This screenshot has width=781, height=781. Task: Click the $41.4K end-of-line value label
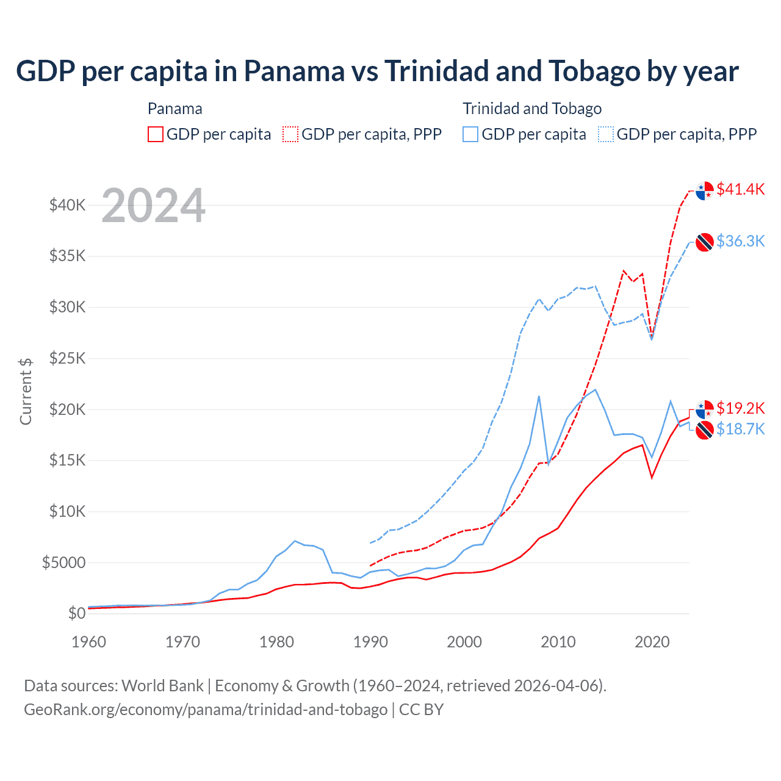click(740, 189)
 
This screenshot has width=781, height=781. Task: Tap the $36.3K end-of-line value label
click(740, 241)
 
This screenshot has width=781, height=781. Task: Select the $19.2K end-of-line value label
click(740, 408)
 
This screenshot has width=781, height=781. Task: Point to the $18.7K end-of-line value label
click(740, 430)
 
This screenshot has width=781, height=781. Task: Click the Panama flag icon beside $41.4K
click(705, 190)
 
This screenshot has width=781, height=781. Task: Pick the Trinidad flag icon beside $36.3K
click(705, 242)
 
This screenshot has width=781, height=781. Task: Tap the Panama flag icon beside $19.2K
click(705, 409)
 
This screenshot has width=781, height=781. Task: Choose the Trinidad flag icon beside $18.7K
click(705, 430)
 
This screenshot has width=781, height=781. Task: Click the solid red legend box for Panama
click(156, 134)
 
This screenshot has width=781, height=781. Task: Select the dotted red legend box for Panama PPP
click(291, 134)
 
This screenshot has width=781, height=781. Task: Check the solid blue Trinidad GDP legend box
click(470, 134)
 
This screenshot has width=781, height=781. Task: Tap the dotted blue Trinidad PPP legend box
click(606, 134)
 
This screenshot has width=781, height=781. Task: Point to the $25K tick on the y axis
click(68, 358)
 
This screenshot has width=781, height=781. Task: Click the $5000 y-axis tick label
click(64, 562)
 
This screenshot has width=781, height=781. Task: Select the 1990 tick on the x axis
click(370, 642)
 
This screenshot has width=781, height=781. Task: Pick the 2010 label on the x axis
click(558, 642)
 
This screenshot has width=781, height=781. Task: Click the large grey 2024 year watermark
click(153, 206)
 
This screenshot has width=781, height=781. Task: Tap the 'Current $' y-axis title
click(26, 391)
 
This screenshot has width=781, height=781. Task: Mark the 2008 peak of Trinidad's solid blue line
click(539, 397)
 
